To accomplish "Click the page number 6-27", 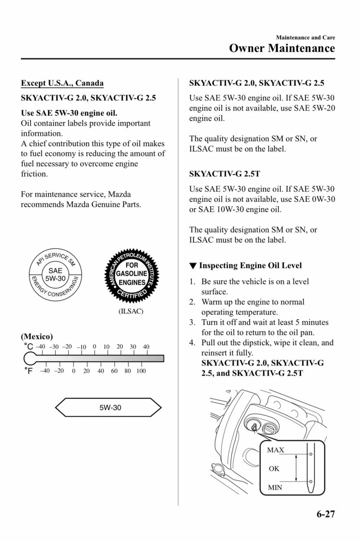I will [326, 514].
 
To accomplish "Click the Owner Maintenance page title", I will [282, 48].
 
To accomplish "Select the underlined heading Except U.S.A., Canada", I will [62, 83].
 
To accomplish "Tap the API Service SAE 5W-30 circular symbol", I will [55, 275].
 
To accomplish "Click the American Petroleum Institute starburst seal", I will [132, 276].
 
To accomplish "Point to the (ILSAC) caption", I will [131, 311].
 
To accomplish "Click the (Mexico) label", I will [37, 337].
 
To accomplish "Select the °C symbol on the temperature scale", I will [28, 347].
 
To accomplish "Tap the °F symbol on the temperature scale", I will [28, 371].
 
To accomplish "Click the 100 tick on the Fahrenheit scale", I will [141, 371].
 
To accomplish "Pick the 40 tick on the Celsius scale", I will [146, 347].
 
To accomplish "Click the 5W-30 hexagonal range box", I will [108, 408].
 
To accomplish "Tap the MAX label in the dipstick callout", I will [276, 450].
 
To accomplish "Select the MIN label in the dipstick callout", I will [275, 488].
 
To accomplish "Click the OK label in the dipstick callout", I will [274, 469].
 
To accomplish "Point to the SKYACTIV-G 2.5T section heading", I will [225, 174].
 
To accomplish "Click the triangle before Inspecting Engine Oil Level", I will [193, 266].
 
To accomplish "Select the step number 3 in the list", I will [192, 322].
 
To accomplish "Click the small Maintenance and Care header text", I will [305, 38].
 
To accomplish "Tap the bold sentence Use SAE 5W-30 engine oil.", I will [69, 113].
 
